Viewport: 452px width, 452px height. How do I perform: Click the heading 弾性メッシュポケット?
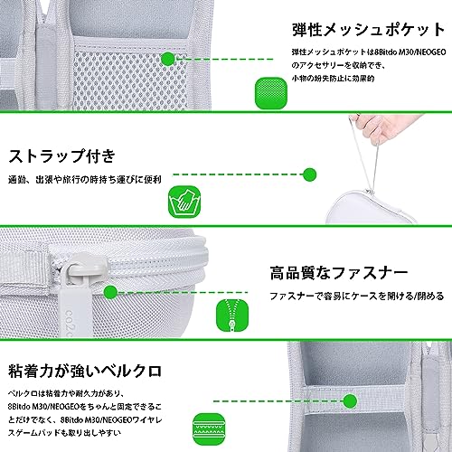[x=368, y=30]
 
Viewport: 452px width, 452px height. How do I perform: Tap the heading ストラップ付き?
[x=61, y=156]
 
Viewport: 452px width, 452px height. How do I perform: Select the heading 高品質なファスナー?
[x=339, y=273]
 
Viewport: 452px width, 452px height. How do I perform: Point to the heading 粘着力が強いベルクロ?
[x=85, y=371]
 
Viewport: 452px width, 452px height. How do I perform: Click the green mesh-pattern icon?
[x=271, y=93]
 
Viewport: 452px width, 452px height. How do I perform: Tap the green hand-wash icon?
[x=184, y=202]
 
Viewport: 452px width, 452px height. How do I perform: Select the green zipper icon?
[x=232, y=315]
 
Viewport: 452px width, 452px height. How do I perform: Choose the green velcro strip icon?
[x=209, y=429]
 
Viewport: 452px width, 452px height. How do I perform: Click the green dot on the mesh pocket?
[x=168, y=59]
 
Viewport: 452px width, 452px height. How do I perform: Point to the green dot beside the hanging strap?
[x=309, y=174]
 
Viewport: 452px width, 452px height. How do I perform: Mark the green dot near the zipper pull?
[x=110, y=292]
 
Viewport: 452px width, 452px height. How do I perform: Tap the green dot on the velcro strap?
[x=350, y=400]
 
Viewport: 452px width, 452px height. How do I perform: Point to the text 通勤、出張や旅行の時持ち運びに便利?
[x=85, y=180]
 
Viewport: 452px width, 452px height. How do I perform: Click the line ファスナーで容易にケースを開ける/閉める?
[x=357, y=296]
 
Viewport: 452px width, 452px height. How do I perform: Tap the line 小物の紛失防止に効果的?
[x=333, y=79]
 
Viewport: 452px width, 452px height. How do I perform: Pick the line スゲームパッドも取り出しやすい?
[x=64, y=433]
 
